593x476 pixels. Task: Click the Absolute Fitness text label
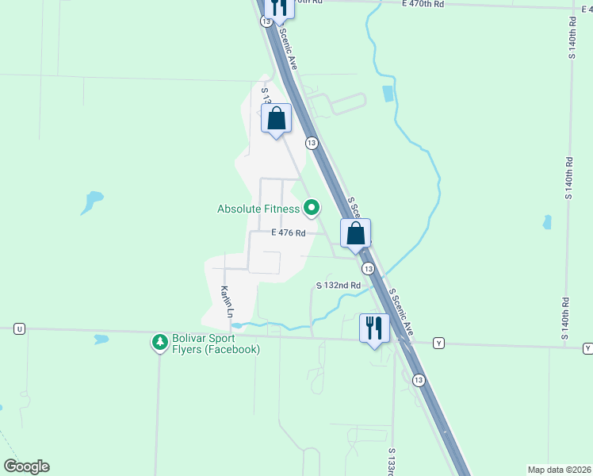click(x=258, y=209)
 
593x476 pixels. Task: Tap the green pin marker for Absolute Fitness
click(x=312, y=209)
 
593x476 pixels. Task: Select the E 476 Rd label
click(x=288, y=232)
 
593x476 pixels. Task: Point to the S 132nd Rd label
click(x=339, y=285)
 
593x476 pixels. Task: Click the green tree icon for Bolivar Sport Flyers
click(x=159, y=343)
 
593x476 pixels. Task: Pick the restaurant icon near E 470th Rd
click(x=277, y=6)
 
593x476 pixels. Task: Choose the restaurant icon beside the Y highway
click(x=374, y=327)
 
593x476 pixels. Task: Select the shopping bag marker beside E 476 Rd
click(x=356, y=234)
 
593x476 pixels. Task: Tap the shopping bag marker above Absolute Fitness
click(x=276, y=120)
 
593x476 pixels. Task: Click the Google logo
click(x=26, y=466)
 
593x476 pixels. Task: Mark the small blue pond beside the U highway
click(x=101, y=339)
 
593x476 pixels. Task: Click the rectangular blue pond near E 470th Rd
click(x=388, y=94)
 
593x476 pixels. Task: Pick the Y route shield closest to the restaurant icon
click(x=438, y=344)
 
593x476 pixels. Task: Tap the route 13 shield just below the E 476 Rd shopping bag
click(x=369, y=270)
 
